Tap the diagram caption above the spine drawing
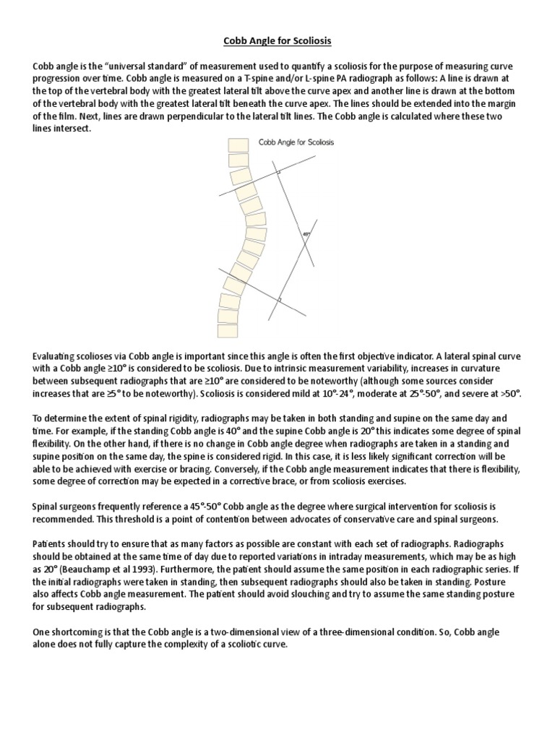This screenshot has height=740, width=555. tap(298, 142)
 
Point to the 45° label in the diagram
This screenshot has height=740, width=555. tap(306, 233)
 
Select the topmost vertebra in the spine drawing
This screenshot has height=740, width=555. tap(237, 145)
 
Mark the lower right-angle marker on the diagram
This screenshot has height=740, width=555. tap(279, 298)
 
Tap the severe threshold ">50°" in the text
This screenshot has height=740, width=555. tap(511, 395)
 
